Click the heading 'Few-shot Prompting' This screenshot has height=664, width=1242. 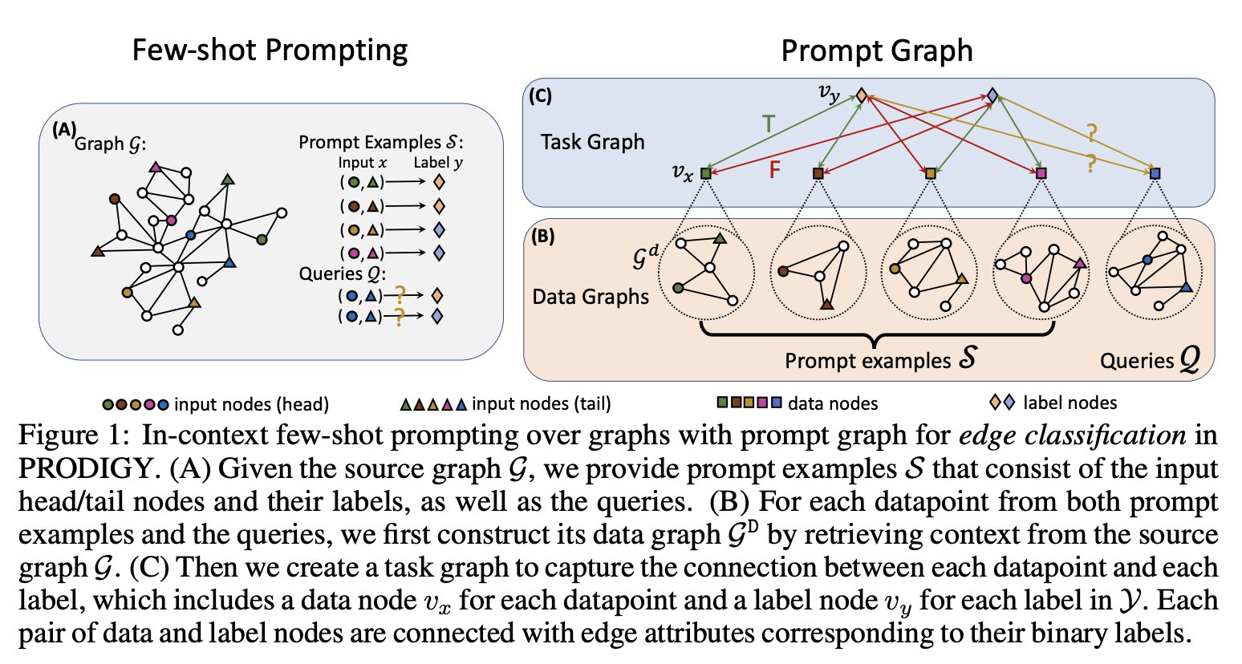(x=270, y=50)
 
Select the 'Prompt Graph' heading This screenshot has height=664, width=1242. (x=876, y=51)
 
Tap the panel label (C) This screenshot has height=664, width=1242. (x=540, y=95)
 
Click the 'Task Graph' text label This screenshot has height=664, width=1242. (x=592, y=142)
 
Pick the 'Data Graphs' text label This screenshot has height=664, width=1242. (x=591, y=297)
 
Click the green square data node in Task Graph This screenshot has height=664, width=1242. (x=705, y=172)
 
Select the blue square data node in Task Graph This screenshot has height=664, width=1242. (x=1155, y=173)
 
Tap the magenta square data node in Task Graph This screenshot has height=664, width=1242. (x=1041, y=173)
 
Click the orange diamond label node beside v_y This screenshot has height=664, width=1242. (x=861, y=95)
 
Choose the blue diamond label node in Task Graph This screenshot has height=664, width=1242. (x=992, y=95)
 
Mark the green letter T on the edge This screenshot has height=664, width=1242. (x=769, y=124)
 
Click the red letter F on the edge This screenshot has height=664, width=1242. (x=774, y=170)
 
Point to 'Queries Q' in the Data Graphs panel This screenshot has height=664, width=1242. (x=1150, y=359)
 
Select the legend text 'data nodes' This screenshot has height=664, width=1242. (x=833, y=403)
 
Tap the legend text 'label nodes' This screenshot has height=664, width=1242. (x=1069, y=403)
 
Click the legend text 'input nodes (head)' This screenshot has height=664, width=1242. (x=251, y=404)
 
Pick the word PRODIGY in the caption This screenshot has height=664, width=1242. (x=83, y=468)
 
